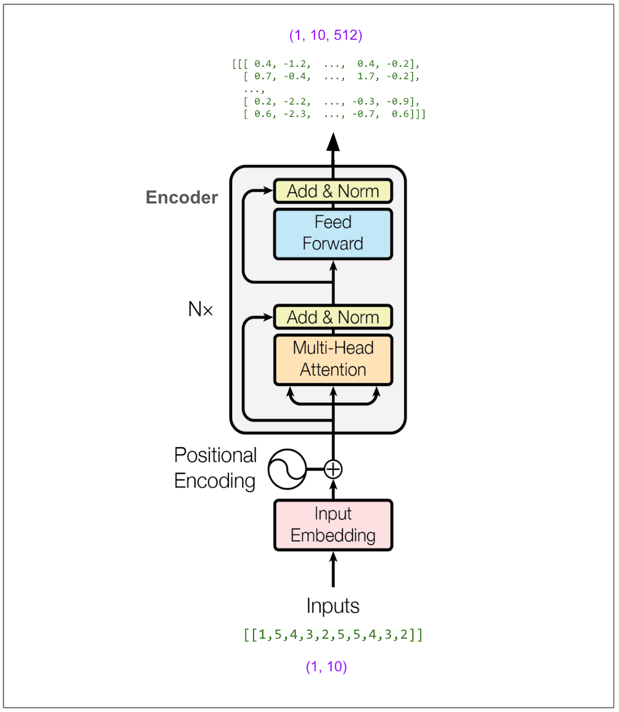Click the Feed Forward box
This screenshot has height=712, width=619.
[x=333, y=234]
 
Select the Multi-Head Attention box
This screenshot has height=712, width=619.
[x=333, y=359]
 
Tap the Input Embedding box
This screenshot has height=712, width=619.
[x=333, y=525]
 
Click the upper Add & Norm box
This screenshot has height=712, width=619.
[x=333, y=191]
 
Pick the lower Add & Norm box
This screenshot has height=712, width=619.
[x=333, y=317]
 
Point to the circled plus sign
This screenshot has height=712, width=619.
[x=333, y=469]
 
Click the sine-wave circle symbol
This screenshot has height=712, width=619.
[x=287, y=469]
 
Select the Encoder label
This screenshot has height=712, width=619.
[x=182, y=198]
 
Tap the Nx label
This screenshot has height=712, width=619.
[x=200, y=309]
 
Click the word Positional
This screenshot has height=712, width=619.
[x=215, y=455]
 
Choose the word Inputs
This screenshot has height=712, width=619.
[x=333, y=606]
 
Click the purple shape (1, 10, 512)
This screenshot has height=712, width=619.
[x=326, y=35]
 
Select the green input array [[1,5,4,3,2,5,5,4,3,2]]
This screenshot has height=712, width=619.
[x=333, y=634]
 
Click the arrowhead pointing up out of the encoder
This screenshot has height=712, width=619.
[x=333, y=142]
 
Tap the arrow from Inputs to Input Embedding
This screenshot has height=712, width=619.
[x=333, y=570]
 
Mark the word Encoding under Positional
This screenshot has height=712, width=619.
[x=215, y=481]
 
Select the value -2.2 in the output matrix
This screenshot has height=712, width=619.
[x=297, y=102]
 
